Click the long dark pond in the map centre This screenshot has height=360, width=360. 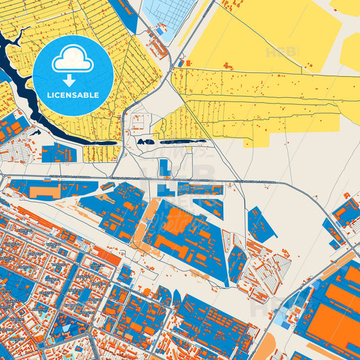[x=179, y=142]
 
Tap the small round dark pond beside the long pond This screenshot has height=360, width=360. [x=142, y=142]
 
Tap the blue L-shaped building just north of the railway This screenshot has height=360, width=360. [x=164, y=167]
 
